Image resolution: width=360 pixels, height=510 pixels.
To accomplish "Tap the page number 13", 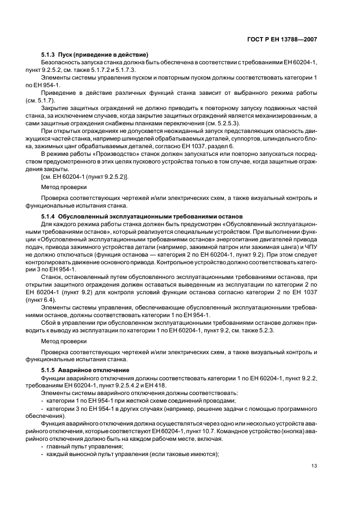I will (x=314, y=466).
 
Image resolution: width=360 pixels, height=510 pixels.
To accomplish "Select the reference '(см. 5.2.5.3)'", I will (x=218, y=123).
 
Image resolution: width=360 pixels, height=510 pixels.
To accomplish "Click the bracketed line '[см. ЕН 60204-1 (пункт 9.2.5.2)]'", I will (x=84, y=175).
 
